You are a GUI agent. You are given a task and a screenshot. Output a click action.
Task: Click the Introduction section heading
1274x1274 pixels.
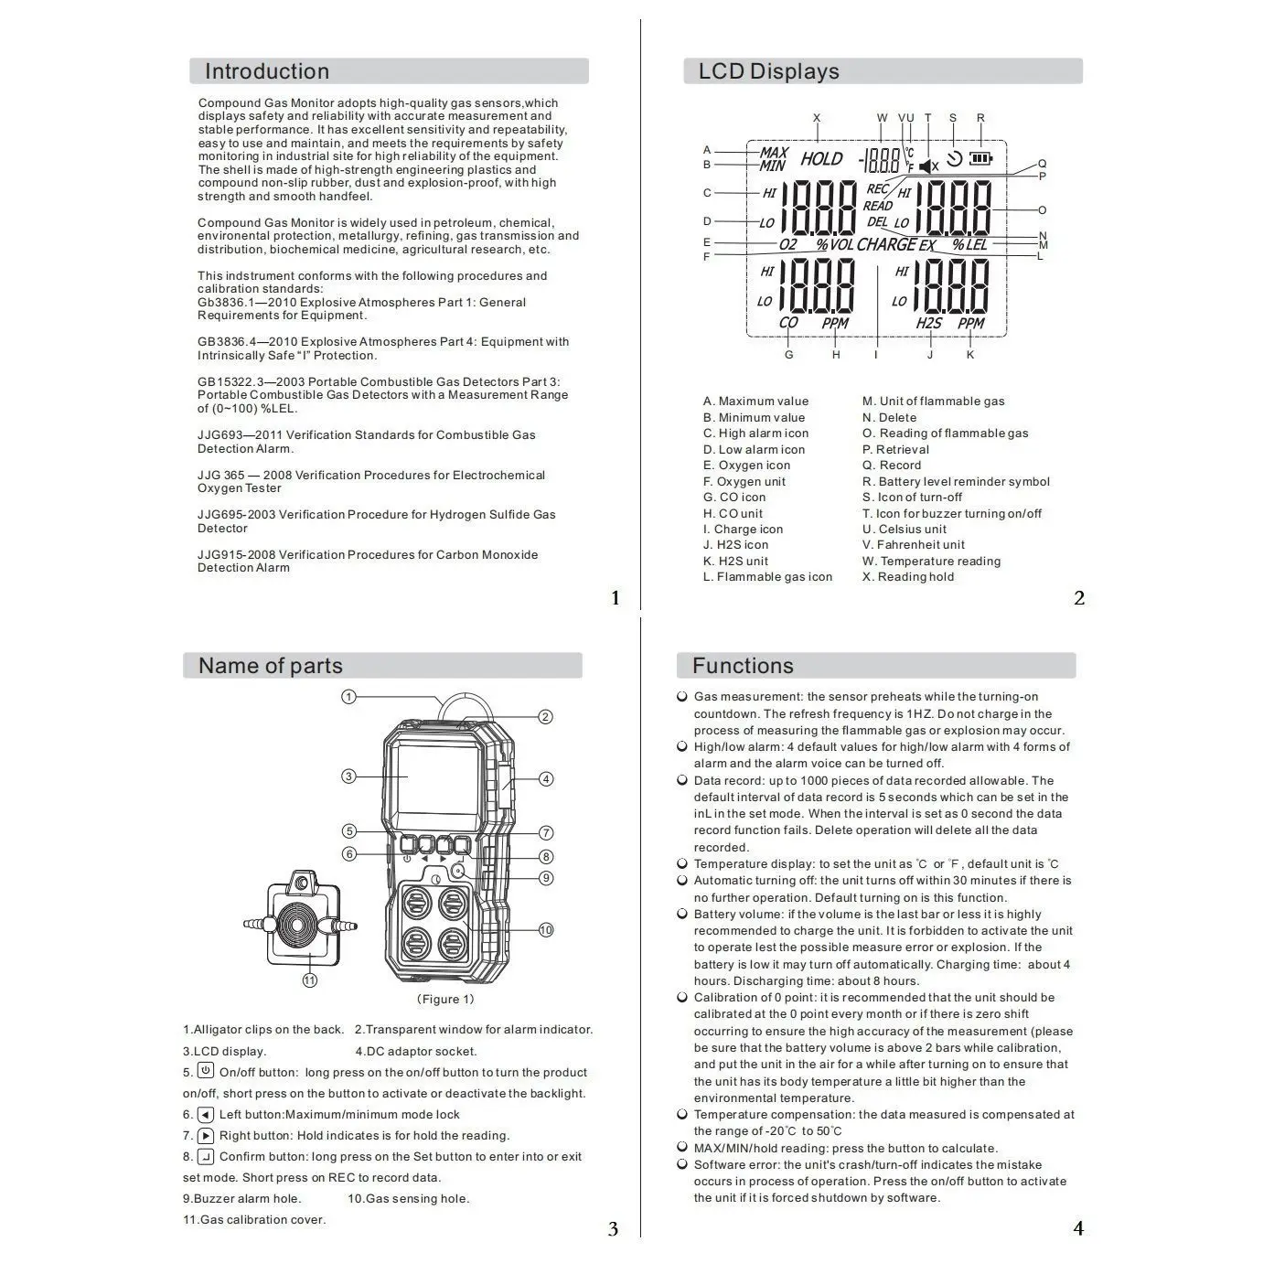pos(266,71)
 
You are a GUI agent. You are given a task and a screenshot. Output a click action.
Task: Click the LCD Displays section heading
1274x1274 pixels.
pos(768,71)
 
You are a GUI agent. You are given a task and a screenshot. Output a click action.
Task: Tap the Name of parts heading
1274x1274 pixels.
pos(270,666)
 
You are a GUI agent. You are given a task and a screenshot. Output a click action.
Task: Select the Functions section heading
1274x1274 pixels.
pos(743,666)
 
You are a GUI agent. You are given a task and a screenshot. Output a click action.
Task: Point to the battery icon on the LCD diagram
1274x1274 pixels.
pos(980,158)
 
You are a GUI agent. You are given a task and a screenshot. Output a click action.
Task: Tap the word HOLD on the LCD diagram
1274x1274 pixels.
pos(821,159)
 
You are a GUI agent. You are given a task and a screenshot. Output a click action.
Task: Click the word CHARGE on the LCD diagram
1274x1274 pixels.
pos(886,244)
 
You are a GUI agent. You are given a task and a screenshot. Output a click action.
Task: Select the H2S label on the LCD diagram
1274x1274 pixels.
pos(928,323)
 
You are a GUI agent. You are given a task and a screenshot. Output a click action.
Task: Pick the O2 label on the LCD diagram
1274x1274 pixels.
pos(787,245)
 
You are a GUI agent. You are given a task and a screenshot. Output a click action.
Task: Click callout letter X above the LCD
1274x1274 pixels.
pos(817,118)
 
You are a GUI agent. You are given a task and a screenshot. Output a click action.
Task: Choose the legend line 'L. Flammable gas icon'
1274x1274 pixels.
pos(767,577)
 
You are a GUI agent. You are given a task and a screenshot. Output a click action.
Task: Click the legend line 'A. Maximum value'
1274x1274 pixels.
pos(755,401)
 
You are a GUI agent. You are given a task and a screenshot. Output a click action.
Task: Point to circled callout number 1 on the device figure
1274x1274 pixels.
pos(348,697)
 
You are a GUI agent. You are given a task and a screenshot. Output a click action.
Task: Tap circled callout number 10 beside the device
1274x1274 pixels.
pos(546,930)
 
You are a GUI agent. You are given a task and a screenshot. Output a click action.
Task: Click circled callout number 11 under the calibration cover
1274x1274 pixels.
pos(310,980)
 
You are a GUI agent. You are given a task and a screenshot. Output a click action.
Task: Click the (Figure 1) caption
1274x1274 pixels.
pos(445,1000)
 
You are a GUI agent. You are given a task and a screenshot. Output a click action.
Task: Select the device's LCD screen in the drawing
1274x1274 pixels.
pos(434,777)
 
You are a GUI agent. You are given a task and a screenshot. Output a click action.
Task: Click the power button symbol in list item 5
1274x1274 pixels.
pos(206,1072)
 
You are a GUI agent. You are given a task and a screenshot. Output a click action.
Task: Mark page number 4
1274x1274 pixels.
pos(1078,1229)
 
